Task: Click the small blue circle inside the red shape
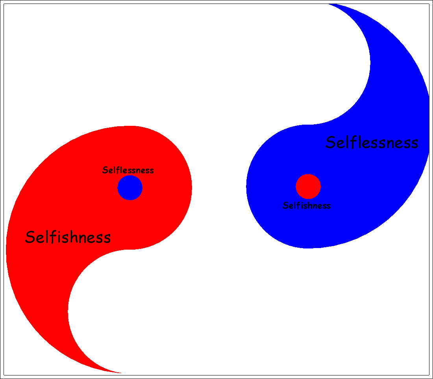[x=130, y=188]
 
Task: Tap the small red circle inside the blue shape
[x=308, y=186]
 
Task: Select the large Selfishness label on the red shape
[x=68, y=237]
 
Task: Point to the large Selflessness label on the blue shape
[x=372, y=142]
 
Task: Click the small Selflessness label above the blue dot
[x=128, y=170]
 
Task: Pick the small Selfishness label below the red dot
[x=307, y=206]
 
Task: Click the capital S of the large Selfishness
[x=30, y=237]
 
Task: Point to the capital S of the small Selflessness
[x=105, y=170]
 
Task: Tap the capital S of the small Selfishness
[x=285, y=206]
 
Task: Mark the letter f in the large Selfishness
[x=51, y=237]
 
